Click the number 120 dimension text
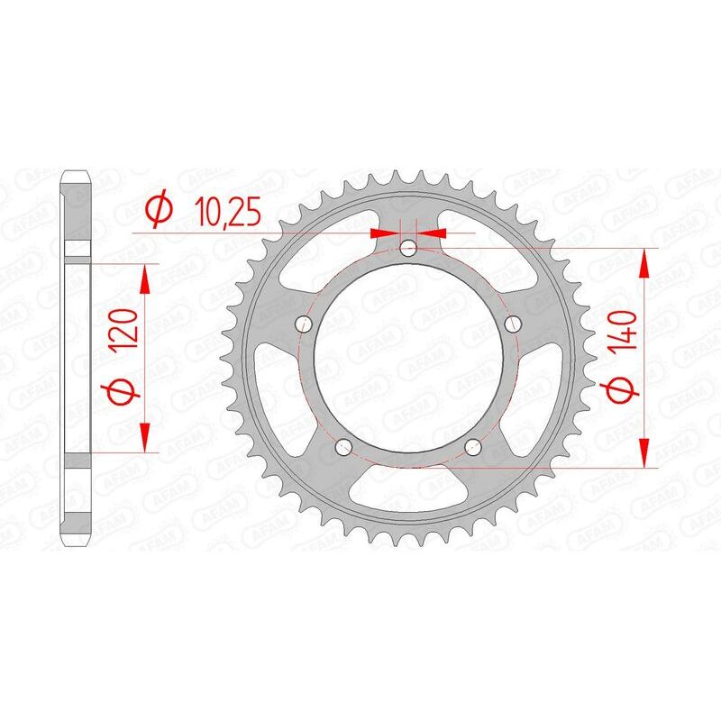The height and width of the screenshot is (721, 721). coord(125,335)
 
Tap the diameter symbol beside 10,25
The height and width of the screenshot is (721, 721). coord(159,211)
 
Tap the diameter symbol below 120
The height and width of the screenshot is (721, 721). coord(125,390)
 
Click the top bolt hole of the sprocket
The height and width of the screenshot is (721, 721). coord(409,247)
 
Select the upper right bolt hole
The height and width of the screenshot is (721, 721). coord(515,324)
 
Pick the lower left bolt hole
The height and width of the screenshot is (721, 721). coord(343,447)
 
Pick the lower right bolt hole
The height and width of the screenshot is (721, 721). coord(474,447)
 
